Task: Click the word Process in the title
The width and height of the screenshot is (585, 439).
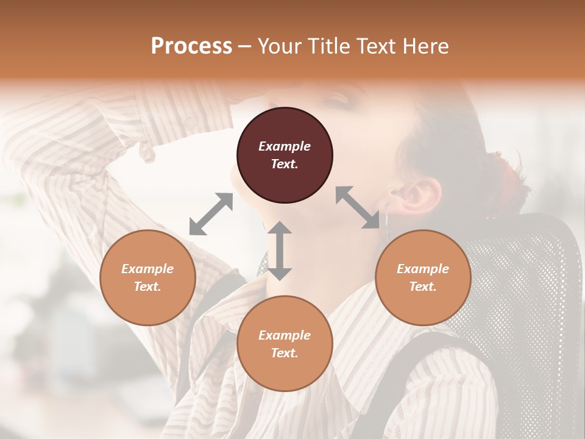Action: click(191, 46)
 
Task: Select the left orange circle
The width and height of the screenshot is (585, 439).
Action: click(147, 277)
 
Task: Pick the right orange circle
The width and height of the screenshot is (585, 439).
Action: click(423, 277)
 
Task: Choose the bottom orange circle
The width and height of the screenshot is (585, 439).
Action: click(285, 344)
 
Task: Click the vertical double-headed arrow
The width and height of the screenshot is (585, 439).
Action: click(280, 251)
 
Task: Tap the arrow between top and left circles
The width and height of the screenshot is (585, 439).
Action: click(211, 214)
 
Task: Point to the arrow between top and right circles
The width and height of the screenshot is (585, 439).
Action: click(357, 207)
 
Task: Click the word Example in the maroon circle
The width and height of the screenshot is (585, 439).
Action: click(285, 146)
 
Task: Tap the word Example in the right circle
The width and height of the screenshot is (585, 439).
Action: click(423, 269)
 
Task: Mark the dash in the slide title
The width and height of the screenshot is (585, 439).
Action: click(244, 46)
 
